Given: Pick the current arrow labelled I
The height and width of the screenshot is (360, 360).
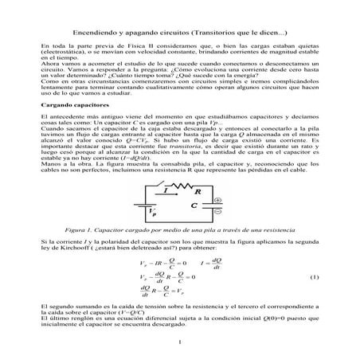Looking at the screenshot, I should click(x=163, y=192).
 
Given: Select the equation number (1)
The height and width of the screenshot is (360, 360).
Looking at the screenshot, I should click(x=315, y=276).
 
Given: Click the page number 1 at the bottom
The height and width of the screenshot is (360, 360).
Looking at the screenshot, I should click(x=181, y=343).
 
